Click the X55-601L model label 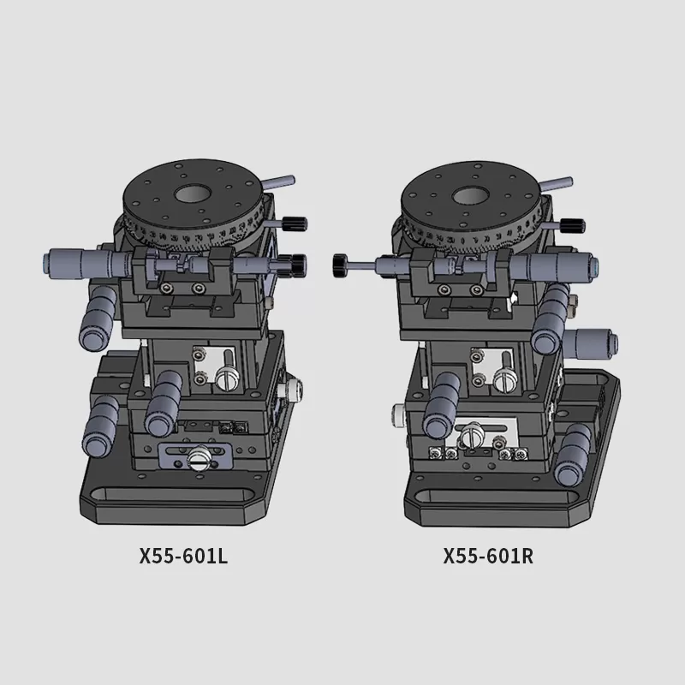pos(183,556)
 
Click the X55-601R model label pos(488,556)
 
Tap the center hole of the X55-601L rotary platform pos(194,194)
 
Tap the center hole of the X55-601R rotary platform pos(470,196)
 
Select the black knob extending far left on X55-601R pos(340,265)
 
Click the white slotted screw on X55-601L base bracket pos(200,457)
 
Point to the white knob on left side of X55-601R pos(398,414)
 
